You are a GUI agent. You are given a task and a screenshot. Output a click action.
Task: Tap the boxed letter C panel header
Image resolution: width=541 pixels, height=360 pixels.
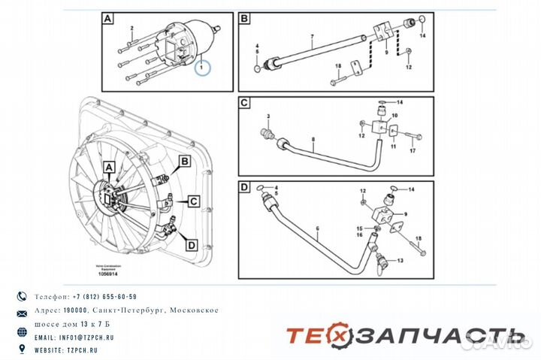coord(245,103)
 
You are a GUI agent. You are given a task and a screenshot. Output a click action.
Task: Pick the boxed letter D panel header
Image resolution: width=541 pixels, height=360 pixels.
coord(245,186)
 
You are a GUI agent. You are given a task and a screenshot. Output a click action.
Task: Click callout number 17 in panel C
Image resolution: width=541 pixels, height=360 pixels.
coord(413,152)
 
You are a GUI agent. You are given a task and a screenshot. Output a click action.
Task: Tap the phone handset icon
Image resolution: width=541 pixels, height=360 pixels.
coord(21,296)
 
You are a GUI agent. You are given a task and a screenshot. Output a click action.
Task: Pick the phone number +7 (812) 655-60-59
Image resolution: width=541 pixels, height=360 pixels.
coord(101,297)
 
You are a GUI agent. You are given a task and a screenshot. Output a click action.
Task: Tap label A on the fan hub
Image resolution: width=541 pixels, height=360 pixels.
coord(108,167)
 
